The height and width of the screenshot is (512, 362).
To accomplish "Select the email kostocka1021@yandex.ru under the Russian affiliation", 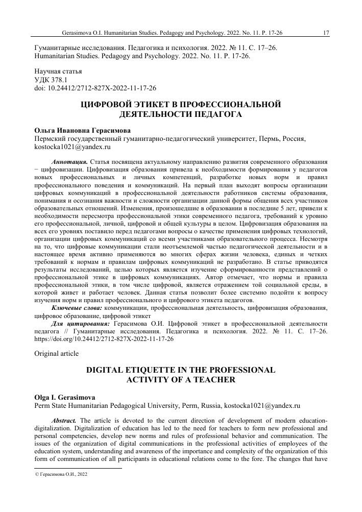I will (x=72, y=147).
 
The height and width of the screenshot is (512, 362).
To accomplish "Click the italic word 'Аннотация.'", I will (x=71, y=161).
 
